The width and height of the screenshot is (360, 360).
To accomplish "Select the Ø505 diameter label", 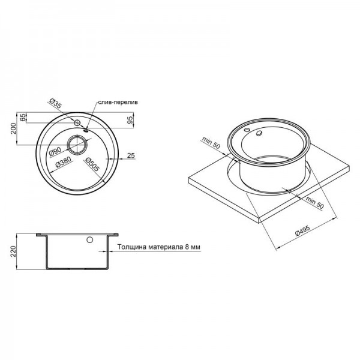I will point(90,163).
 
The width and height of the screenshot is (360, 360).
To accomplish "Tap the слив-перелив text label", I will point(117,103).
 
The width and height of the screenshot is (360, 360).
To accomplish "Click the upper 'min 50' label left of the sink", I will point(211,144).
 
